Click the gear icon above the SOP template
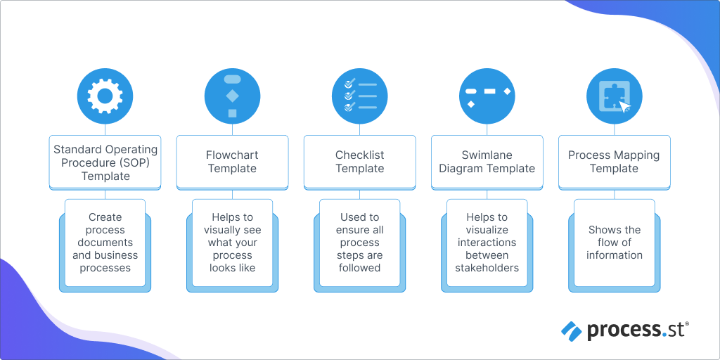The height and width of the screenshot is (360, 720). [105, 96]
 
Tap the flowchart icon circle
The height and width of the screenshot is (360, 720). [232, 96]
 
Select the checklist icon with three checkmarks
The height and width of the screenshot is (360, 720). [359, 96]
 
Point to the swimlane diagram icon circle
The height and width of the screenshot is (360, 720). [487, 96]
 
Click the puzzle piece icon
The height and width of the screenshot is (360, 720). [614, 96]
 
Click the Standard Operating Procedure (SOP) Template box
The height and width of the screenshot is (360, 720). [105, 162]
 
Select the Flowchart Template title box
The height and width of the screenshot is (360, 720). [232, 162]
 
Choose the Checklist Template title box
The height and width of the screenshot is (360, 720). [359, 162]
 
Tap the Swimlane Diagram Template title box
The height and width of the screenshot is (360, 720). [487, 162]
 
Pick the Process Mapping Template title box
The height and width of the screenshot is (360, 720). [614, 162]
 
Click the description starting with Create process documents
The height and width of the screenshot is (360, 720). [105, 243]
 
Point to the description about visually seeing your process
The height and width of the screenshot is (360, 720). [232, 243]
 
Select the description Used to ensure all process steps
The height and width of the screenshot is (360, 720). [359, 243]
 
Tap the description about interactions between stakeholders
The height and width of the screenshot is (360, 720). [487, 243]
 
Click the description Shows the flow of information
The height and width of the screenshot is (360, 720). [614, 243]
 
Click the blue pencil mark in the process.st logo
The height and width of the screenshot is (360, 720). [571, 330]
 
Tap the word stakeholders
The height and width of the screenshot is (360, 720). [487, 268]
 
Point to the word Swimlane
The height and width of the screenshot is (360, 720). [487, 155]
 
